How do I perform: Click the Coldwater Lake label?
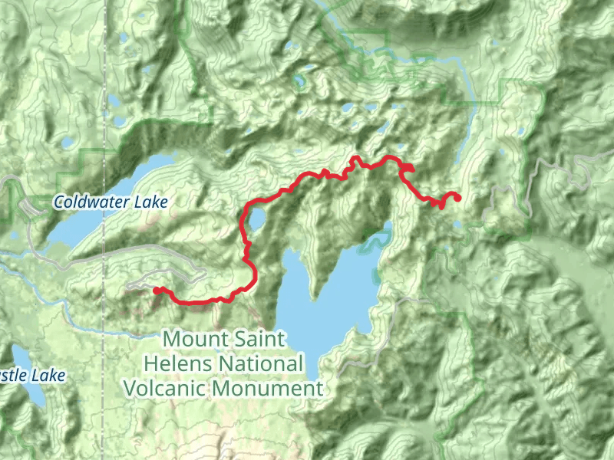coord(111,202)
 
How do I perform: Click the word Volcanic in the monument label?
coord(165,388)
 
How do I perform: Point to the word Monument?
coord(268,388)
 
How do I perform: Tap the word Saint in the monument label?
coord(262,338)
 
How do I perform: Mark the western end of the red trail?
coord(157,291)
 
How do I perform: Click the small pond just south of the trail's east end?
coord(458,225)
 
